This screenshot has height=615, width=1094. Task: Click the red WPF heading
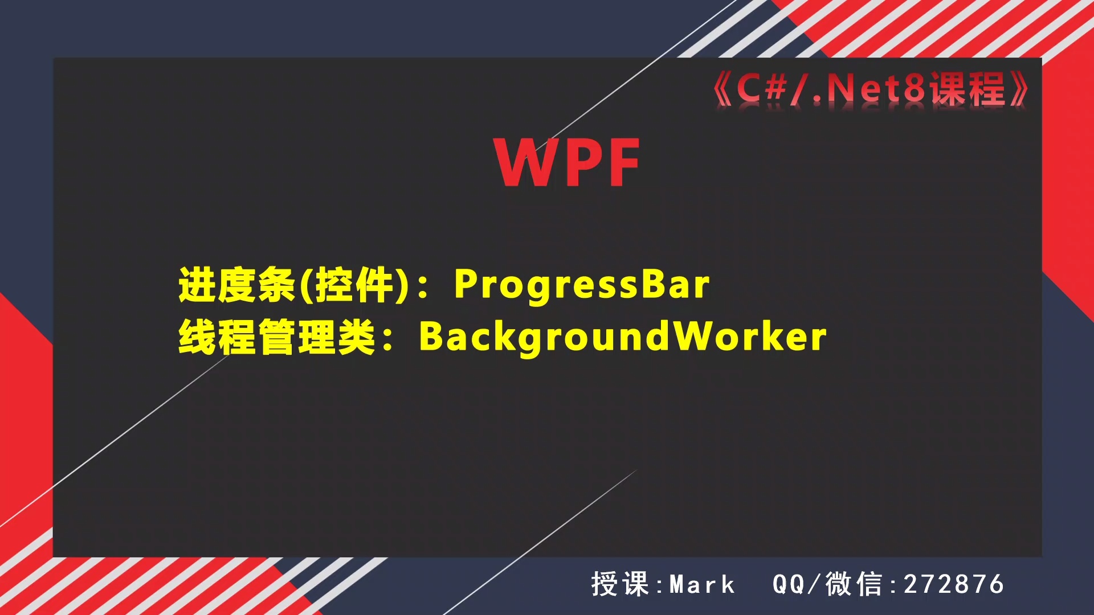click(x=568, y=163)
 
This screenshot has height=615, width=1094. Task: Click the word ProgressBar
click(x=581, y=284)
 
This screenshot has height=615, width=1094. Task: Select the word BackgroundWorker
click(x=622, y=337)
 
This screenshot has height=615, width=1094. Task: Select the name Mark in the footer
click(x=702, y=585)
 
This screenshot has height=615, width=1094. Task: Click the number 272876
click(x=954, y=585)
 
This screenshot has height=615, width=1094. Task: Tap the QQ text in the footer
click(x=789, y=585)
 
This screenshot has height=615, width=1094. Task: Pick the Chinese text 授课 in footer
click(x=620, y=585)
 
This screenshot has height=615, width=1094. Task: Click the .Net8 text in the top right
click(x=870, y=89)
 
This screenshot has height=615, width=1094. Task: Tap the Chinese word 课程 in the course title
click(x=967, y=89)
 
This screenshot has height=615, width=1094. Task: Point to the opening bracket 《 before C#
click(x=722, y=89)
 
